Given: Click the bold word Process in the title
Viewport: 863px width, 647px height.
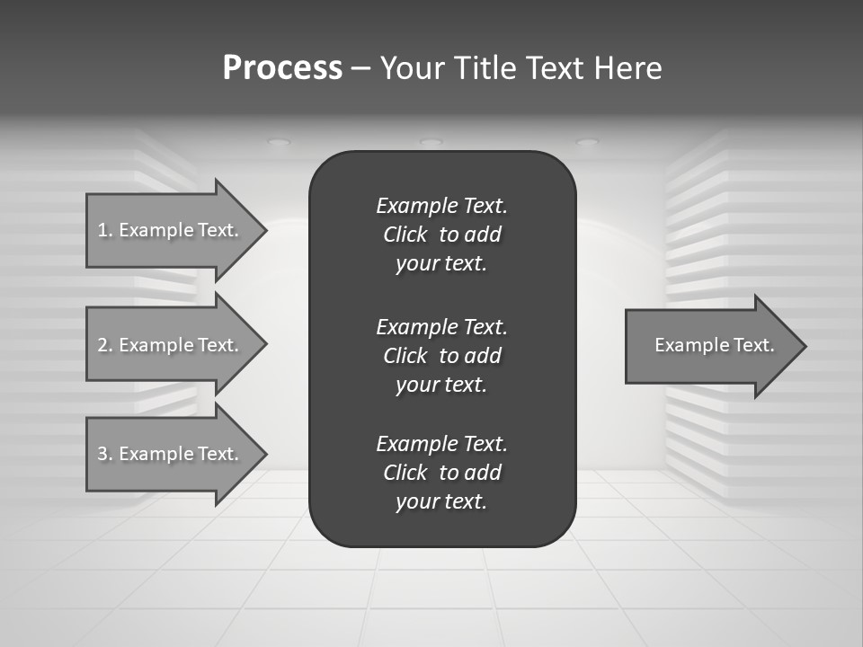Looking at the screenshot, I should click(282, 68).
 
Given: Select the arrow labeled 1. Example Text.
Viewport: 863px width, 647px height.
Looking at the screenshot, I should click(171, 230).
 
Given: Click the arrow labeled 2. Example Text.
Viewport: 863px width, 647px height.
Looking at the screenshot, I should click(171, 345).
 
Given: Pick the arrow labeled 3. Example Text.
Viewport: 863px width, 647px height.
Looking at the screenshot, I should click(171, 454).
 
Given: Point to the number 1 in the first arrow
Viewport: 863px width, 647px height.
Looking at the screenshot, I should click(102, 230).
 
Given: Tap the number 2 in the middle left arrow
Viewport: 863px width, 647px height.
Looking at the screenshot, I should click(102, 345).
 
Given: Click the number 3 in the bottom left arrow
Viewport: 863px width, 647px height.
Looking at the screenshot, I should click(102, 454).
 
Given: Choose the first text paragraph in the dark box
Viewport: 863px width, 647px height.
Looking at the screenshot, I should click(441, 235).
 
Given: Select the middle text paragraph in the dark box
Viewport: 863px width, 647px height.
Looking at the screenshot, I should click(441, 355).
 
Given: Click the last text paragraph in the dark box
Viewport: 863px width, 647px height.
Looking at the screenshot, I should click(441, 473).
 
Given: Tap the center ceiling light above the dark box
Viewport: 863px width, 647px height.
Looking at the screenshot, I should click(431, 142).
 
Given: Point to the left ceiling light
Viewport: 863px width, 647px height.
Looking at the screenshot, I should click(280, 142).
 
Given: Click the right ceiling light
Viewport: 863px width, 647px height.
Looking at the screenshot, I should click(586, 142).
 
